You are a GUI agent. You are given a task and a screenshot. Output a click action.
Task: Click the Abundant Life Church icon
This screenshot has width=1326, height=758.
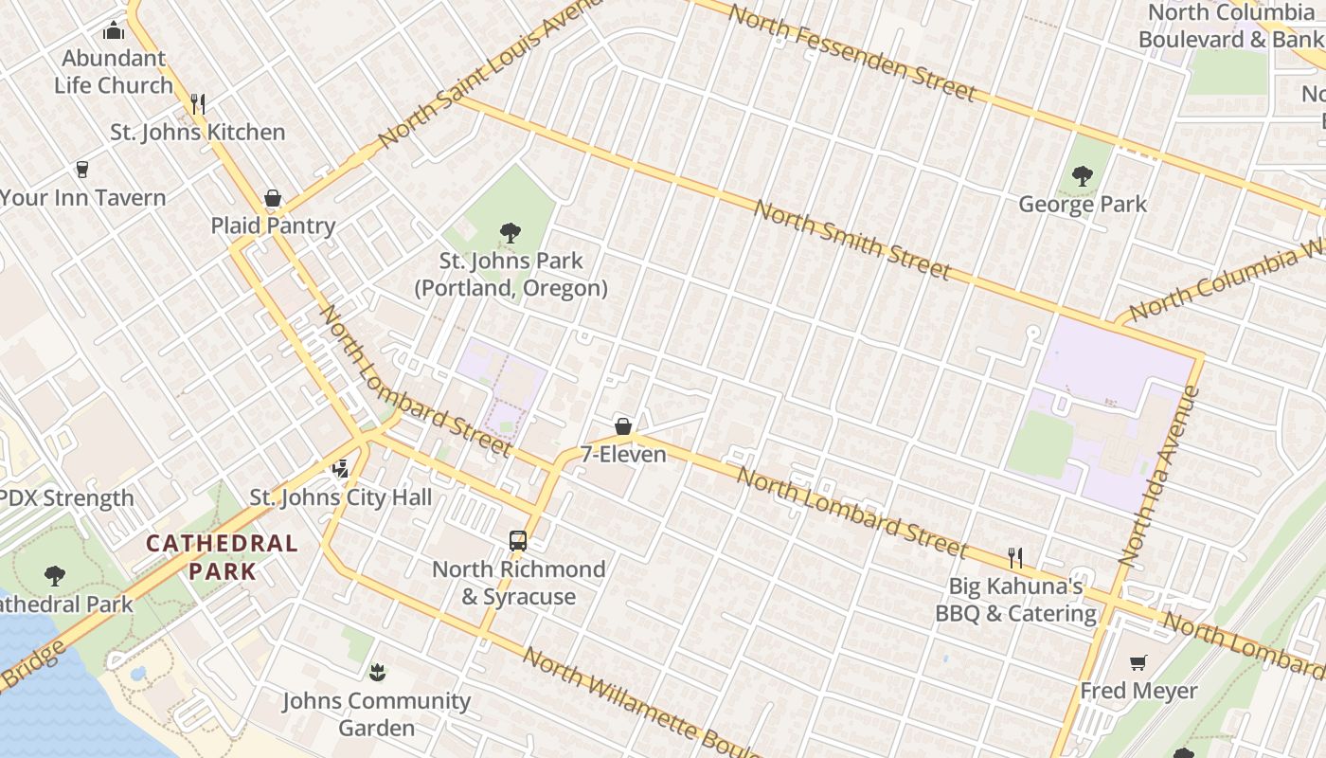114,30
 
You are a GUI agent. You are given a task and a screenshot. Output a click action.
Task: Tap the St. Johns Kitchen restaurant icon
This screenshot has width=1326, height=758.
198,104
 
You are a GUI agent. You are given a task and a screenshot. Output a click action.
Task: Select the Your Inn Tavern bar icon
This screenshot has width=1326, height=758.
82,170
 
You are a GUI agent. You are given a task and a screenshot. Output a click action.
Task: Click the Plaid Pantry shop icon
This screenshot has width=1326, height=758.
273,198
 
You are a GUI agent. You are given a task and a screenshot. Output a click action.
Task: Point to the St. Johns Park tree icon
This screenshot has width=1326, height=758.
511,232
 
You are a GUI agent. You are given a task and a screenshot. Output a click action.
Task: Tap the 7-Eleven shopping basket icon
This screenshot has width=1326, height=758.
623,426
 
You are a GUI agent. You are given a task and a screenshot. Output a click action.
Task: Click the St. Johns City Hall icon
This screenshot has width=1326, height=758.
341,469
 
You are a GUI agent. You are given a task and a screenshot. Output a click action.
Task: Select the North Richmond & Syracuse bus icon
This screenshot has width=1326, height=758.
518,541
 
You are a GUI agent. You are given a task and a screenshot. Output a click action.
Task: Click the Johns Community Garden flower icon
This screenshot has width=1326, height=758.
377,673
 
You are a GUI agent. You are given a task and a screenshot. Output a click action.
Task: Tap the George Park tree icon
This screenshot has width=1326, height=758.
1083,176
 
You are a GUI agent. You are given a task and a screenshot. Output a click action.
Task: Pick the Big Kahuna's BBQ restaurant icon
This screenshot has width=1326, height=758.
1015,557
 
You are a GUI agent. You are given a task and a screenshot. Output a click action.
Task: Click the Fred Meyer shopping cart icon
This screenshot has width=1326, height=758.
1138,662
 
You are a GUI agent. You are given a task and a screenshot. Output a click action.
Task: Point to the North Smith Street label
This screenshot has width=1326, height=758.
851,240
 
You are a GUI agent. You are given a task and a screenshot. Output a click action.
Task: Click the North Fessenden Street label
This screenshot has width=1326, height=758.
851,52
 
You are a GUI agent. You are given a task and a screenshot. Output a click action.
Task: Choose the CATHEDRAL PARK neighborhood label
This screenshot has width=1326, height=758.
222,557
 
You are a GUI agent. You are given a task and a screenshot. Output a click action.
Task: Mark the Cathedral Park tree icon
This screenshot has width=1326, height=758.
55,575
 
